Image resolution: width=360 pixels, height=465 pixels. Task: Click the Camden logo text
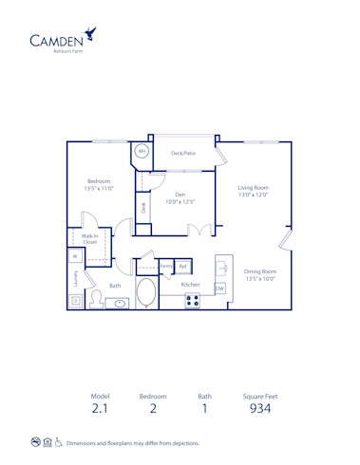coord(55,40)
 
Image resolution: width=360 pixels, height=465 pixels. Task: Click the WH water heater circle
coord(142,151)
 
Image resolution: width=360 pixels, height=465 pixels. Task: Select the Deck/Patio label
coord(182,152)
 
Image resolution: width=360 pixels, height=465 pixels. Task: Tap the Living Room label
coord(253,190)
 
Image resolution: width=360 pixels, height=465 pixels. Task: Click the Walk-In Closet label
coord(89,239)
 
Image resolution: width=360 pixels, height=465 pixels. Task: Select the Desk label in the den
coord(143,206)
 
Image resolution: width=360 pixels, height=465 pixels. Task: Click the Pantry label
coord(166,266)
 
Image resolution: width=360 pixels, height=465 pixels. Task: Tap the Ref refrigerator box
coord(183,266)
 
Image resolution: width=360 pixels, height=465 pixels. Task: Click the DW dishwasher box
coord(219,288)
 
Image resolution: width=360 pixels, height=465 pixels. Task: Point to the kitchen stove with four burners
coord(193,301)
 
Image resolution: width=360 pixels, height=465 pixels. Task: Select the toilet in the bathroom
coord(95,299)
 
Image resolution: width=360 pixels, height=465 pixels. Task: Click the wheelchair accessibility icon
coord(59,442)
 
